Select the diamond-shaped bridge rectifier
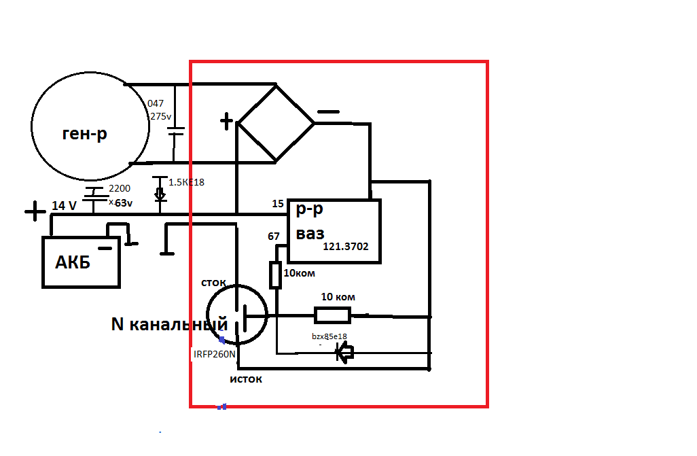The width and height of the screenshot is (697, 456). tap(276, 123)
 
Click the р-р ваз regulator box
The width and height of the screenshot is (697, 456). tap(334, 231)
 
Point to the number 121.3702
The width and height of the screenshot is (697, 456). tap(346, 247)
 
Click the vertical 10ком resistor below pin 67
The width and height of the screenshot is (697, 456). tap(275, 275)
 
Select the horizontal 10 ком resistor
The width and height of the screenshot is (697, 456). tap(332, 315)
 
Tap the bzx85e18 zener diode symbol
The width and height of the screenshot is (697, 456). tap(344, 352)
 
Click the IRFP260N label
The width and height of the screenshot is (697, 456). tap(215, 354)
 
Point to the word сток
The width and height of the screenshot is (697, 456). tap(213, 282)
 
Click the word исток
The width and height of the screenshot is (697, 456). tap(245, 379)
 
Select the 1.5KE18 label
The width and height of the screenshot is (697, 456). tap(186, 182)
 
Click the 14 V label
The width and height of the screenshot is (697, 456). tap(64, 205)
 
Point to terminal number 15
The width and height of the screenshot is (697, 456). tap(277, 204)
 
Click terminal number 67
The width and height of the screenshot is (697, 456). tap(273, 236)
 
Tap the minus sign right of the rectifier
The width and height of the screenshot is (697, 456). tap(329, 111)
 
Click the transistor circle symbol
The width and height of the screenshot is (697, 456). tap(236, 314)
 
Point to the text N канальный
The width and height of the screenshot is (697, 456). tap(168, 324)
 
